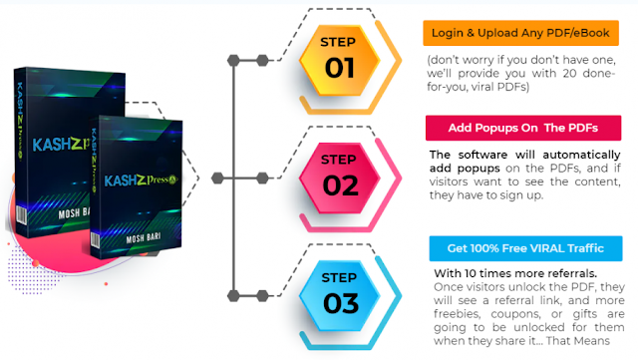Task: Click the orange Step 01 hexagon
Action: point(339,60)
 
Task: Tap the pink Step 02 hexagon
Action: point(339,178)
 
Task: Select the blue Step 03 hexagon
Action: point(339,295)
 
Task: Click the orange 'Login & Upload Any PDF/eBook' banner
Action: point(520,33)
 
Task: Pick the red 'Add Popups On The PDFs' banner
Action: point(523,128)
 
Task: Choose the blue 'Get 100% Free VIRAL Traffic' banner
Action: point(525,248)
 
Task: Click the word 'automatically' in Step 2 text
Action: point(581,156)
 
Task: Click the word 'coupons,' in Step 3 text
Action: point(515,314)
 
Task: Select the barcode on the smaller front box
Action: point(95,240)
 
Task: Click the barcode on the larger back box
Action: point(21,215)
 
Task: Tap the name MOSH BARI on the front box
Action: point(144,237)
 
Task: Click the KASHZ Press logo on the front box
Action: point(141,180)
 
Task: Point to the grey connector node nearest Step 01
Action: point(262,60)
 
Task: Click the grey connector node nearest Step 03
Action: point(262,295)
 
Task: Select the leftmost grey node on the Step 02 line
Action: point(217,178)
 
